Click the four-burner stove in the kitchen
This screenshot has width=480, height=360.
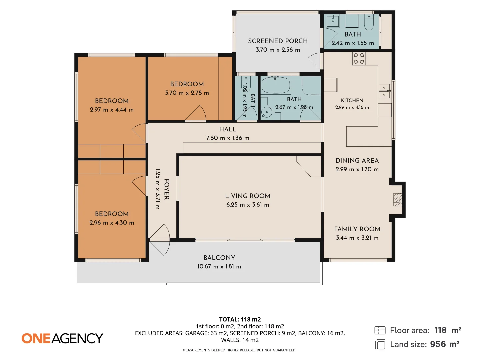(359, 59)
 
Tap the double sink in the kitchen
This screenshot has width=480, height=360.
(384, 91)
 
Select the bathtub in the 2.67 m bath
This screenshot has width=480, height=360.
(276, 85)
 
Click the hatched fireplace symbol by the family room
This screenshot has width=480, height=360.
(397, 200)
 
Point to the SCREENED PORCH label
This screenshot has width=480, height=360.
(278, 41)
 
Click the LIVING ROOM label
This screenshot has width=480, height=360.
(248, 196)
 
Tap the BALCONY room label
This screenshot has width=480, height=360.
(219, 258)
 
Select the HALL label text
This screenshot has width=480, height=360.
(228, 129)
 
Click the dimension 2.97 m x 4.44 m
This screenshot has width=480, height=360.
(112, 110)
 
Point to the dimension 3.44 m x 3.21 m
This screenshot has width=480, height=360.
(357, 238)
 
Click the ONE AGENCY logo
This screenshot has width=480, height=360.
(62, 338)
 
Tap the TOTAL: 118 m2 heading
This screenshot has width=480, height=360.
(240, 319)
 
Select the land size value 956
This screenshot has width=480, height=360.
(438, 344)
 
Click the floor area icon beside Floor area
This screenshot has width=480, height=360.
(380, 330)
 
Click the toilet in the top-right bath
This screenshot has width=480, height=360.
(369, 22)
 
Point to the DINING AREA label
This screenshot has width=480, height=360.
(357, 160)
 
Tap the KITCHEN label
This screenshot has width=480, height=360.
(352, 100)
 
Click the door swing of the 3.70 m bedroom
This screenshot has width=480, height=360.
(196, 113)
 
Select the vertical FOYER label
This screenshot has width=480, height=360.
(167, 189)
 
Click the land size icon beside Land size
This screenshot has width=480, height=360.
(380, 344)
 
